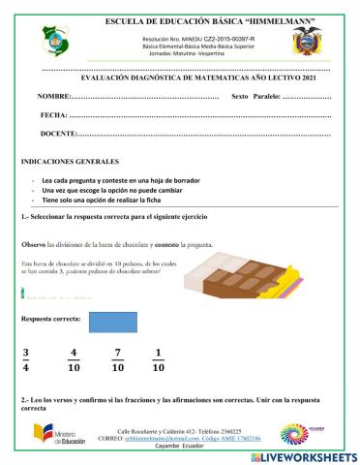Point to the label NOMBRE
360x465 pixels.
click(53, 99)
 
